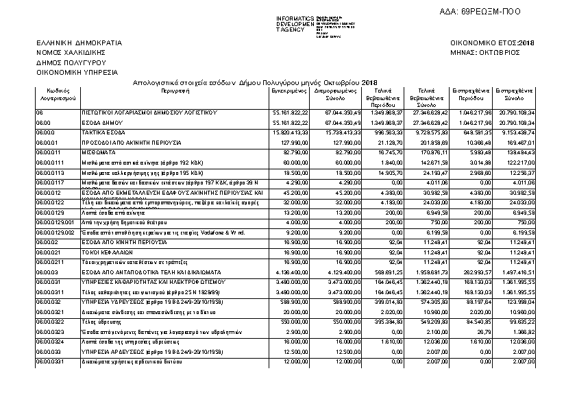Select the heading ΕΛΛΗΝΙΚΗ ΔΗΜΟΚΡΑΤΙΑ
pos(79,43)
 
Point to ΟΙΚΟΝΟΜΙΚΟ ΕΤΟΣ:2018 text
pos(492,43)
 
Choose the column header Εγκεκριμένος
pos(288,90)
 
